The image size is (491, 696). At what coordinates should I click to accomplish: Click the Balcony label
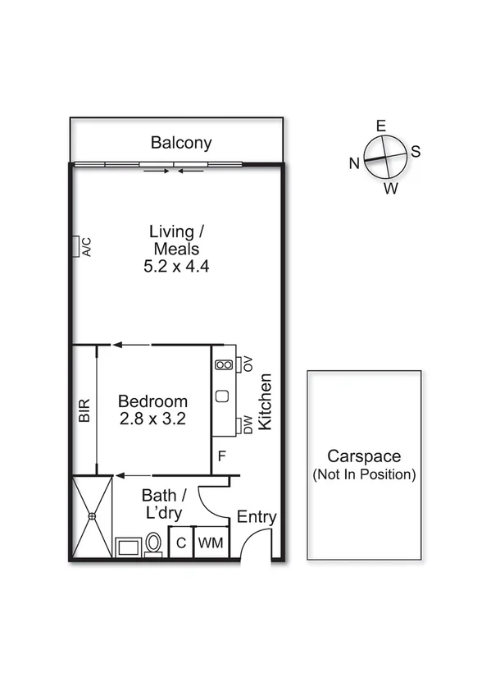pyautogui.click(x=181, y=143)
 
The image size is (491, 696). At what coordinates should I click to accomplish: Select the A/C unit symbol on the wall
pyautogui.click(x=75, y=246)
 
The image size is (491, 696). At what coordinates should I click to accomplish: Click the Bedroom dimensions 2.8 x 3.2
pyautogui.click(x=152, y=418)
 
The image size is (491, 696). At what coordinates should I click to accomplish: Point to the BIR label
pyautogui.click(x=84, y=411)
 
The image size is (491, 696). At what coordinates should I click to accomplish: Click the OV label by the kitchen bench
pyautogui.click(x=248, y=364)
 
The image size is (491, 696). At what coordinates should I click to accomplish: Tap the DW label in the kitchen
pyautogui.click(x=248, y=425)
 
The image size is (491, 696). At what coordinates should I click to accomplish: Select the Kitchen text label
pyautogui.click(x=265, y=401)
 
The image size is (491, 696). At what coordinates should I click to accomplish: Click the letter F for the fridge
pyautogui.click(x=220, y=456)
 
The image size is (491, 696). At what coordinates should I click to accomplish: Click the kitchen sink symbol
pyautogui.click(x=222, y=396)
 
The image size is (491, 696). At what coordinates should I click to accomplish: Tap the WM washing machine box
pyautogui.click(x=211, y=543)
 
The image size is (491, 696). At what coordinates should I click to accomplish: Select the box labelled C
pyautogui.click(x=180, y=543)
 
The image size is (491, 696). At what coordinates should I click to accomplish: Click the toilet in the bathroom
pyautogui.click(x=153, y=544)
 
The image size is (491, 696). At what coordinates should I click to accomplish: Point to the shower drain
pyautogui.click(x=92, y=516)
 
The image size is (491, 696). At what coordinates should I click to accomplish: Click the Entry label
pyautogui.click(x=257, y=517)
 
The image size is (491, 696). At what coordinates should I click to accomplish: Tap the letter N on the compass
pyautogui.click(x=354, y=163)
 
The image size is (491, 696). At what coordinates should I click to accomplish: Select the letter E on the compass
pyautogui.click(x=380, y=126)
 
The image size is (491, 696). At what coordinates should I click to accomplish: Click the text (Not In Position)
pyautogui.click(x=364, y=474)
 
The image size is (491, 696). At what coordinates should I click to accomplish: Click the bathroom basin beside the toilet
pyautogui.click(x=128, y=547)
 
